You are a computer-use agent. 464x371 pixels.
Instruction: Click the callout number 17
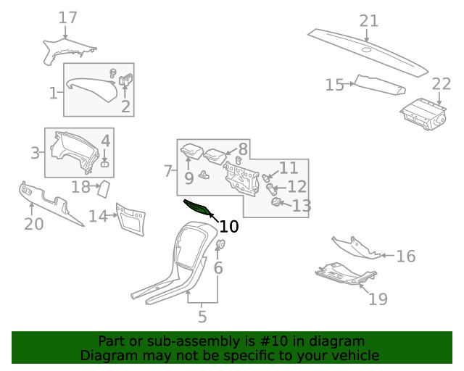[67, 17]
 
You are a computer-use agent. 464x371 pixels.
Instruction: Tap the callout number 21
[369, 20]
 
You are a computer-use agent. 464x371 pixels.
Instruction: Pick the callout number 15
[334, 85]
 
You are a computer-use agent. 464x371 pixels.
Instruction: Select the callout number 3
[35, 153]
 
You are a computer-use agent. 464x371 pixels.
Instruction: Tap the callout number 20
[34, 224]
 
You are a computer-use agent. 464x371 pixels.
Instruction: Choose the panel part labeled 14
[130, 220]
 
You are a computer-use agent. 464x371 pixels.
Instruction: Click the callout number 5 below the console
[202, 317]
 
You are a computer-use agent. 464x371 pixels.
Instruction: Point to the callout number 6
[218, 268]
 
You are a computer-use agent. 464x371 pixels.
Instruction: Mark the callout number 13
[301, 206]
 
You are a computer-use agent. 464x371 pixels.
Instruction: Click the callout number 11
[289, 168]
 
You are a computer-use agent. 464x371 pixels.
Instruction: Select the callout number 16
[406, 256]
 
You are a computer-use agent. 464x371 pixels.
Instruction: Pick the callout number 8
[243, 149]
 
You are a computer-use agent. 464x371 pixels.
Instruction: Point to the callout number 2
[125, 107]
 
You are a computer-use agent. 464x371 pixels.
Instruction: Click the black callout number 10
[228, 226]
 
